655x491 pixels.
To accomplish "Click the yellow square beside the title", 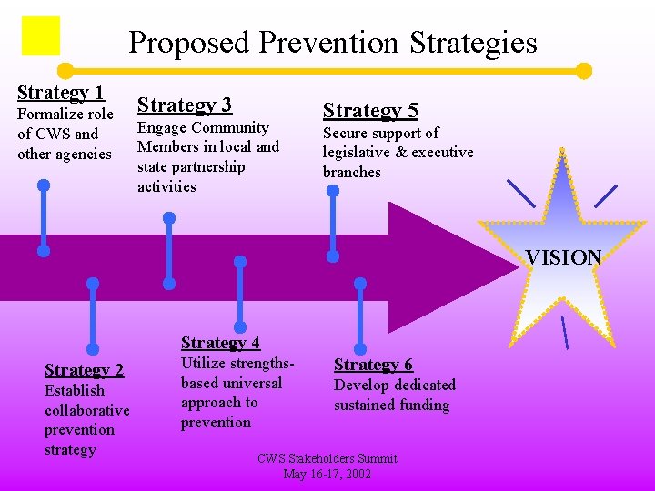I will point(41,36).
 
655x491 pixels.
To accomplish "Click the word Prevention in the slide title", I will point(328,43).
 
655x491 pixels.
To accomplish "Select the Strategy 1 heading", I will point(61,92).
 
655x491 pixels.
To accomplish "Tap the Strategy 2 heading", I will point(84,369).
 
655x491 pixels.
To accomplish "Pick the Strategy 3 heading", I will point(185,105).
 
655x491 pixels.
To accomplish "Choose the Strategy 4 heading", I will point(220,342).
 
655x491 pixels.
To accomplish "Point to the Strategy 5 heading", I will point(370,111).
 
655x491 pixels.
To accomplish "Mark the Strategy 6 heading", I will point(373,365).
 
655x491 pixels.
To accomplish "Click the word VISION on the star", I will point(564,257).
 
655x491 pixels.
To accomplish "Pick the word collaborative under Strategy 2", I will point(87,410).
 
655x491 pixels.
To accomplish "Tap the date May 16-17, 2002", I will point(327,474).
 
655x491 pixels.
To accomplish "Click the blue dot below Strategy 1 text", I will point(44,185).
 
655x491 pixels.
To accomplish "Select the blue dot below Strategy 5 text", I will point(333,192).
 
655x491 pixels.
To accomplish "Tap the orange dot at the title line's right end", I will point(584,71).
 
